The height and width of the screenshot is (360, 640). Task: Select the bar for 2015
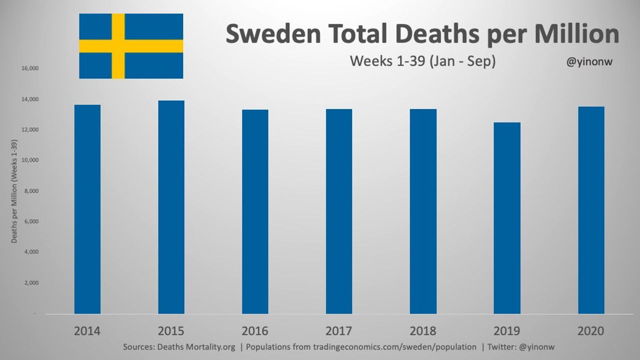(171, 207)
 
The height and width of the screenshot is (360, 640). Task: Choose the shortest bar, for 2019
(507, 218)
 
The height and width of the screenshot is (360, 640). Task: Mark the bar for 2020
(591, 210)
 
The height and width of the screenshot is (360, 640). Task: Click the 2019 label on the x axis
(507, 331)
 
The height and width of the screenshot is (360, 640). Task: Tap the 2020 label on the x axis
(591, 331)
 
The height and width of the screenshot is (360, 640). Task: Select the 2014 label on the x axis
(87, 331)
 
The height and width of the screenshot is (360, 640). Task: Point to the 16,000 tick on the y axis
(30, 68)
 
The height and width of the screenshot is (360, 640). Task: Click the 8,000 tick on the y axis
(32, 191)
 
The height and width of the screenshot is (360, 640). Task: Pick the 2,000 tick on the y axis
(32, 283)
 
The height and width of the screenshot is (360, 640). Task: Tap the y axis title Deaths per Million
(14, 191)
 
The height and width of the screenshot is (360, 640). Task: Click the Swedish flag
(131, 46)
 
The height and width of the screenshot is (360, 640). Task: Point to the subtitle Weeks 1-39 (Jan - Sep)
(422, 61)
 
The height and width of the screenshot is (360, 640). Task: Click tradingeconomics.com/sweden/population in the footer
(394, 347)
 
